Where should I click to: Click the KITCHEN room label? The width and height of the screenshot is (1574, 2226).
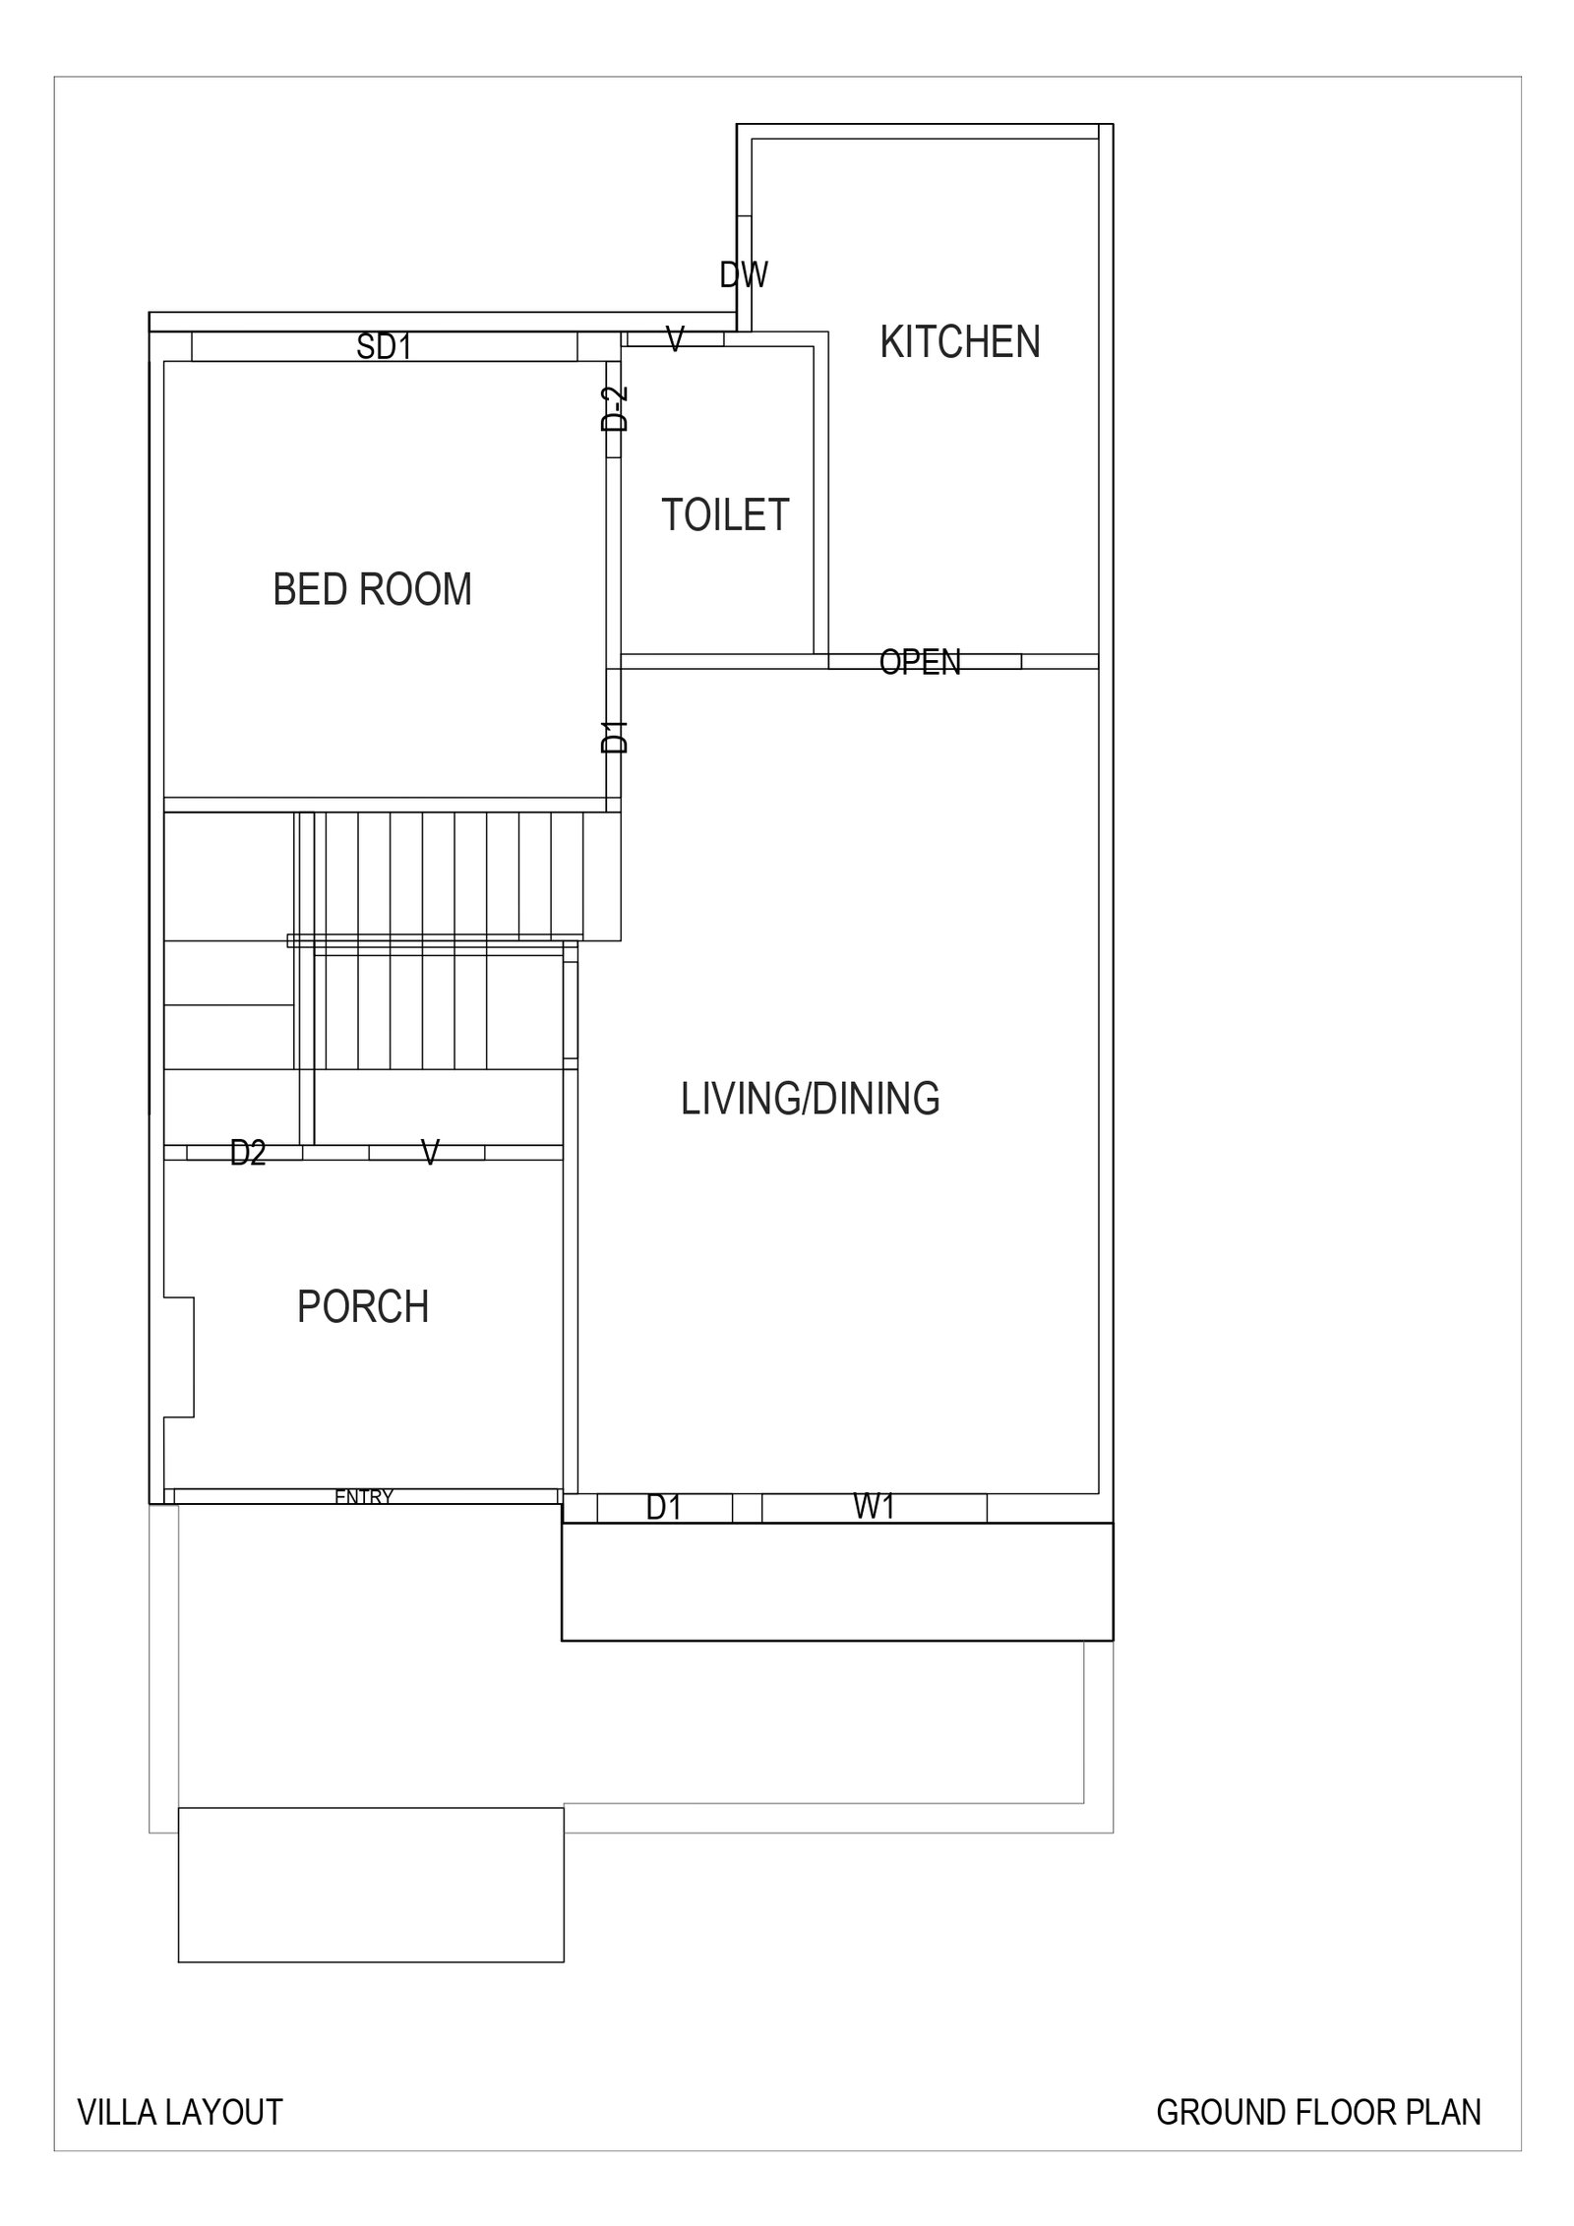[959, 341]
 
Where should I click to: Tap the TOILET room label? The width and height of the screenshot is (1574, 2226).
[725, 514]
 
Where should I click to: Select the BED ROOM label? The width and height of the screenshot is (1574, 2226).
[372, 589]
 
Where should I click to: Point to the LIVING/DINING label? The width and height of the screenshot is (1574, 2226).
[810, 1098]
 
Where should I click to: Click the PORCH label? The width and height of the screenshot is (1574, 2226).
[363, 1306]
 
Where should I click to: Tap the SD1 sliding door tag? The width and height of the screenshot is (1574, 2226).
[384, 346]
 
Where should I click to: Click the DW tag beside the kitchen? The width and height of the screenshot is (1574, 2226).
[744, 274]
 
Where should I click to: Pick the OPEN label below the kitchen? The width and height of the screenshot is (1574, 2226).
[920, 662]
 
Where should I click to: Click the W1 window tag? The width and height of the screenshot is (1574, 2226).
[874, 1507]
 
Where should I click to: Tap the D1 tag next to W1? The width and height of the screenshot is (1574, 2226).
[663, 1507]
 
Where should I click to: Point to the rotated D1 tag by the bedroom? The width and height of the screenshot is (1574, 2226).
[615, 737]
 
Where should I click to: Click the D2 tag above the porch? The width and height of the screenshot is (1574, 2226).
[248, 1152]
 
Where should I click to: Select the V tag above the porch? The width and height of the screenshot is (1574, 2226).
[430, 1152]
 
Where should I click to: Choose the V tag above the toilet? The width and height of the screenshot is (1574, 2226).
[675, 339]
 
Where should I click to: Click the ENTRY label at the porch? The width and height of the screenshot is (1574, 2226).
[364, 1496]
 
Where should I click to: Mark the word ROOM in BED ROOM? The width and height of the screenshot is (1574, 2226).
[415, 589]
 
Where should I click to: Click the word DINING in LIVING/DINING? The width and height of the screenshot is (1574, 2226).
[876, 1098]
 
